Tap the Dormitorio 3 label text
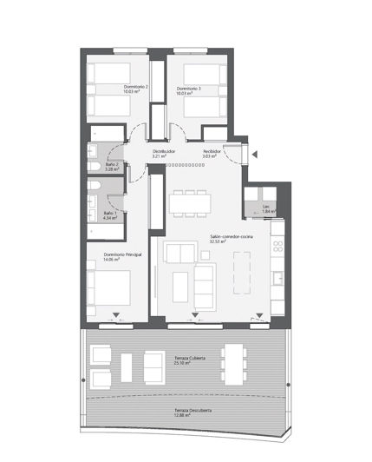tap(188, 90)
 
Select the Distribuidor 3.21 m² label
tap(165, 155)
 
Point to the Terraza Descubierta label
tap(193, 412)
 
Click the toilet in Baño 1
tap(93, 190)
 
